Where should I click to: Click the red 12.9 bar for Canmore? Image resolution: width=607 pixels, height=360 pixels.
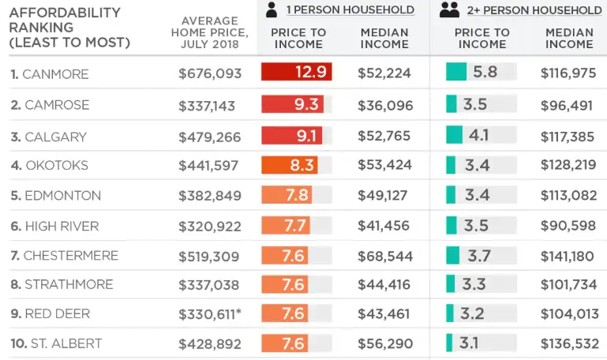tap(296, 73)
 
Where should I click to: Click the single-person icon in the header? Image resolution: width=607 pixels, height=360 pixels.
tap(272, 9)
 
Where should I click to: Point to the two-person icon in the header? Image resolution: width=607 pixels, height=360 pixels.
tap(449, 9)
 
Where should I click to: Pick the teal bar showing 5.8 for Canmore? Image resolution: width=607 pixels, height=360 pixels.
tap(456, 72)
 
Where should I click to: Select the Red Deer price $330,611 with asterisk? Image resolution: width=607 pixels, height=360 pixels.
tap(210, 313)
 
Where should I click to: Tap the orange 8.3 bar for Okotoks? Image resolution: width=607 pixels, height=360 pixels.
tap(289, 166)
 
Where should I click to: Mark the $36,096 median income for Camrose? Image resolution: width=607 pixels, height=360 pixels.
tap(384, 105)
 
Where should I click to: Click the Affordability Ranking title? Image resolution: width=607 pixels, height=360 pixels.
tap(69, 28)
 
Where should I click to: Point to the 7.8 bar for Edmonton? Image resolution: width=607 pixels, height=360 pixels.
tap(286, 196)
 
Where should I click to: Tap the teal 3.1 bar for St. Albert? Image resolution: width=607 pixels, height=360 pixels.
tap(449, 343)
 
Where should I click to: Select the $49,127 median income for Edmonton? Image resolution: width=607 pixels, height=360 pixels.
tap(384, 196)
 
